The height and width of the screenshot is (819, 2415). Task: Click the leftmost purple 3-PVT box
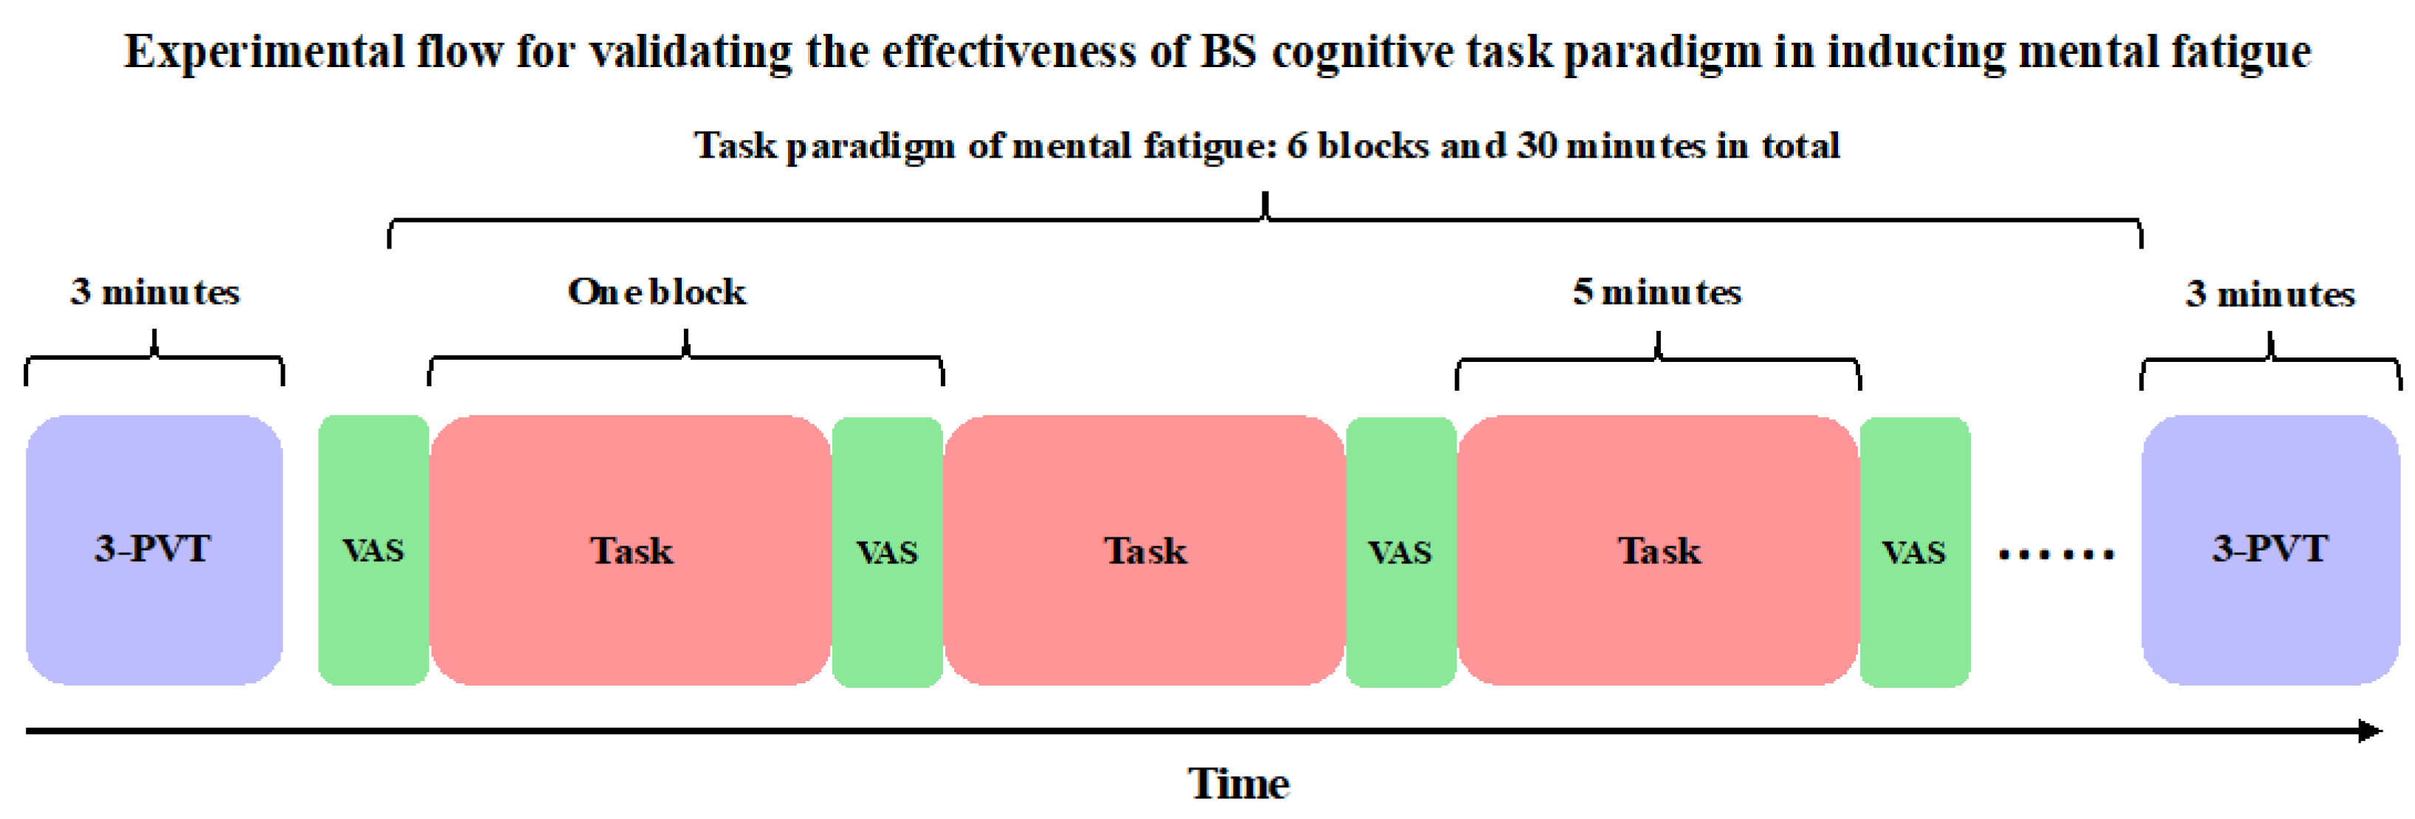tap(153, 549)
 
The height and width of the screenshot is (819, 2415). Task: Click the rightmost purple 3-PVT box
tap(2269, 549)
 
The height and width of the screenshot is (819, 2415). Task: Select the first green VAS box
tap(373, 550)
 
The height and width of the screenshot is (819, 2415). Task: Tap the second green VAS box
tap(887, 552)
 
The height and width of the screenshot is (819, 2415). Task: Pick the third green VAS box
tap(1400, 552)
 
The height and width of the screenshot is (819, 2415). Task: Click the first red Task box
tap(630, 550)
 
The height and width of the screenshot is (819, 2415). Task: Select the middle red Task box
tap(1144, 550)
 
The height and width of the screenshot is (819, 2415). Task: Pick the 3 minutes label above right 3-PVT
tap(2270, 293)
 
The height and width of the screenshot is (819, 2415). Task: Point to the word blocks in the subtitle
tap(1372, 145)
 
